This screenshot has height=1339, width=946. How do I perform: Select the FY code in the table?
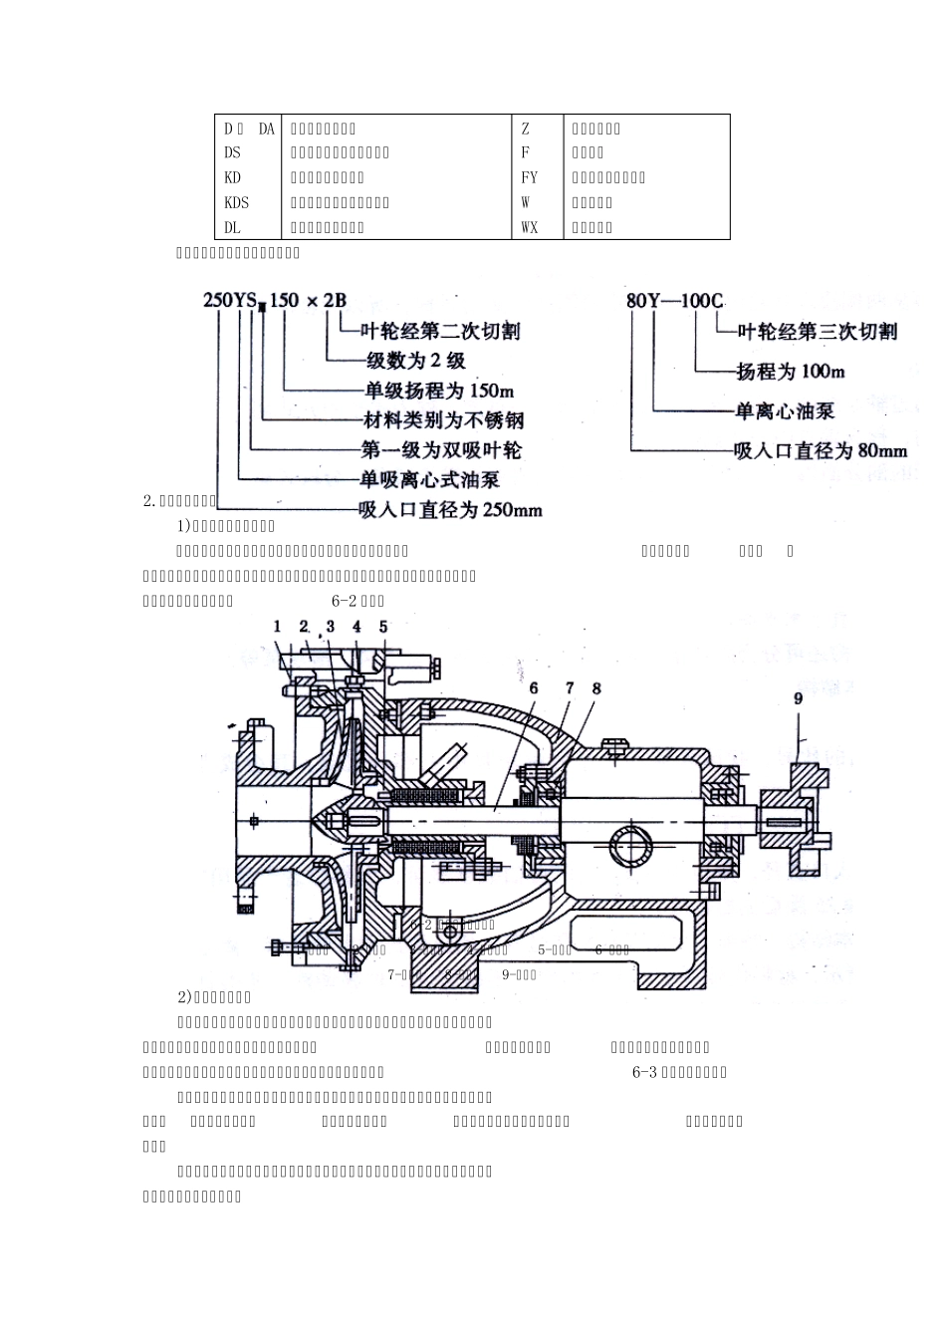(529, 177)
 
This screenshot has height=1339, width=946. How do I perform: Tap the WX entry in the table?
(529, 227)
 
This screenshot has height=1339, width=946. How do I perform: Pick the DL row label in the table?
(232, 227)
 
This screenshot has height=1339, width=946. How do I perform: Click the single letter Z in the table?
(526, 129)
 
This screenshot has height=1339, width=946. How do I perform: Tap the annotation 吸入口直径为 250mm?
(450, 510)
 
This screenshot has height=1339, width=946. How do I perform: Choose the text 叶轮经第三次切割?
(817, 331)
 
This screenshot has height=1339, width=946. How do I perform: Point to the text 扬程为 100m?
(790, 371)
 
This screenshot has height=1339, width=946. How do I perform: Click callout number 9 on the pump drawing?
(798, 698)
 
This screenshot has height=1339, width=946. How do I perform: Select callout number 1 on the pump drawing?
(278, 626)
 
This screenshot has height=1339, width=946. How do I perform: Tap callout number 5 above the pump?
(383, 627)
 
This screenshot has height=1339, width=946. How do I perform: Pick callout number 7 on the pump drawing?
(570, 687)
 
